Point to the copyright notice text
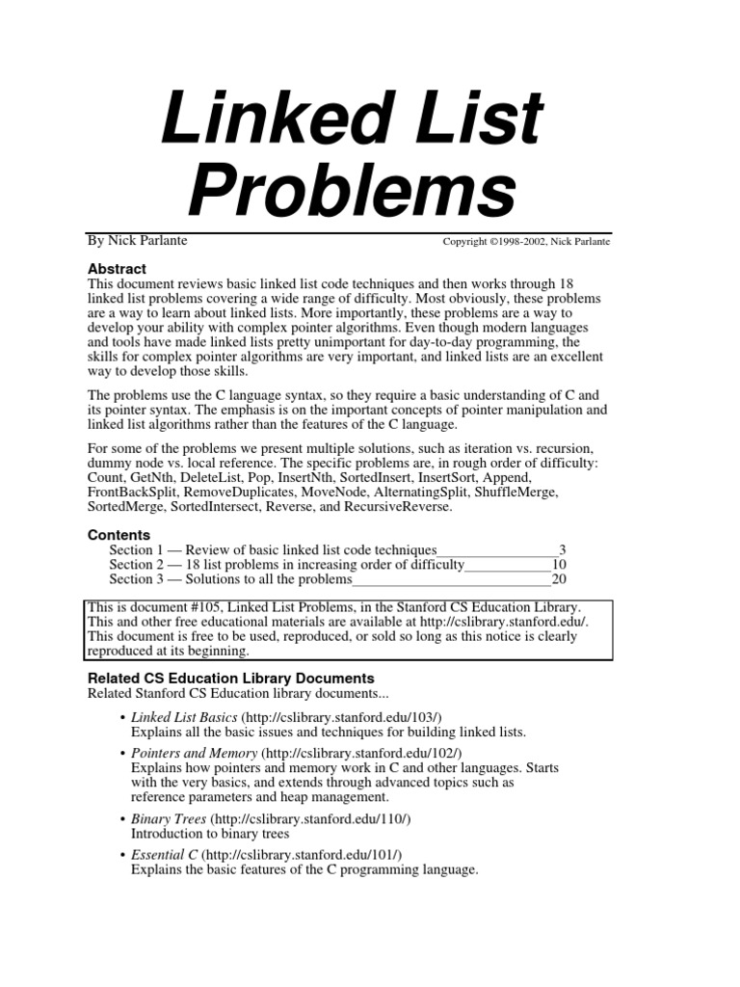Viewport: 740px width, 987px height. tap(526, 241)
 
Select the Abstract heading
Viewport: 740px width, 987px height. tap(117, 269)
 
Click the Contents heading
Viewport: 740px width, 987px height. tap(119, 534)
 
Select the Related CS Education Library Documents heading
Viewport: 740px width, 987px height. tap(230, 679)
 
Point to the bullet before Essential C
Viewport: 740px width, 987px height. tap(120, 855)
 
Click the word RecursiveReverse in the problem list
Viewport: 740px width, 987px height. tap(396, 506)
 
